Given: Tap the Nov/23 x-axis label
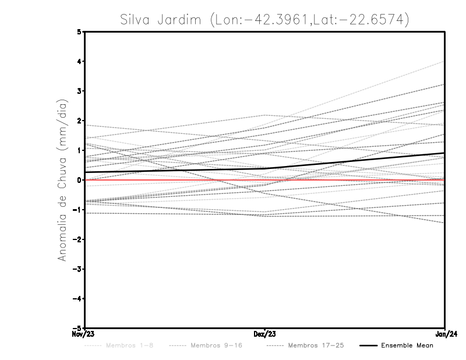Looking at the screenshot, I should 84,334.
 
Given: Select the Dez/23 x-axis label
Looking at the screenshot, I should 265,334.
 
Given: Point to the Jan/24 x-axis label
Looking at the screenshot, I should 444,334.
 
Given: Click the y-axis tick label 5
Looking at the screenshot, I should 79,31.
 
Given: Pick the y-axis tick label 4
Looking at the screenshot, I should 79,61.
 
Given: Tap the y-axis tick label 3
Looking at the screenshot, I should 79,91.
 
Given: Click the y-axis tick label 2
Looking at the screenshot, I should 79,121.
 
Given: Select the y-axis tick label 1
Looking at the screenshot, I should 79,150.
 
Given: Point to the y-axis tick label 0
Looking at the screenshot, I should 79,180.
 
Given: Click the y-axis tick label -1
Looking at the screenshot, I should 77,210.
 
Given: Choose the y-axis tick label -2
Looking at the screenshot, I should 77,239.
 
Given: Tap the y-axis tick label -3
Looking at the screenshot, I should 77,269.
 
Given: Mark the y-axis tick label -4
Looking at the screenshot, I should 77,298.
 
